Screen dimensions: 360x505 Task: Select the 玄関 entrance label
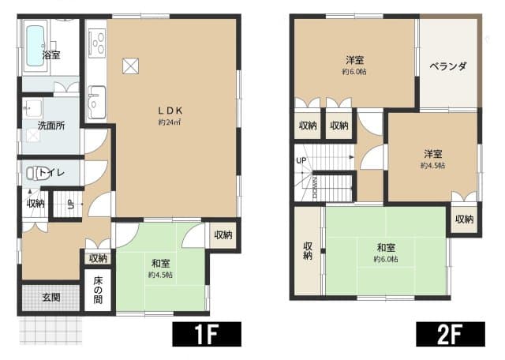(x=50, y=297)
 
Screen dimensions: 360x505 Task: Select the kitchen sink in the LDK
(x=97, y=103)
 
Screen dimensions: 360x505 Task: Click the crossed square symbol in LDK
(x=129, y=66)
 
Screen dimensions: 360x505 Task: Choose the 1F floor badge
(x=206, y=334)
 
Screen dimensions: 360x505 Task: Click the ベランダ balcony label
(x=448, y=66)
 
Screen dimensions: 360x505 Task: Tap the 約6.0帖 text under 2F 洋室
(x=353, y=72)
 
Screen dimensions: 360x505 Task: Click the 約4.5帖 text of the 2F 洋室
(x=432, y=166)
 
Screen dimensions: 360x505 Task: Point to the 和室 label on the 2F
(x=387, y=246)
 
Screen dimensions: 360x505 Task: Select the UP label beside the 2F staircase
(x=301, y=161)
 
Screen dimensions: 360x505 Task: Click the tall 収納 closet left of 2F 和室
(x=308, y=250)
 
